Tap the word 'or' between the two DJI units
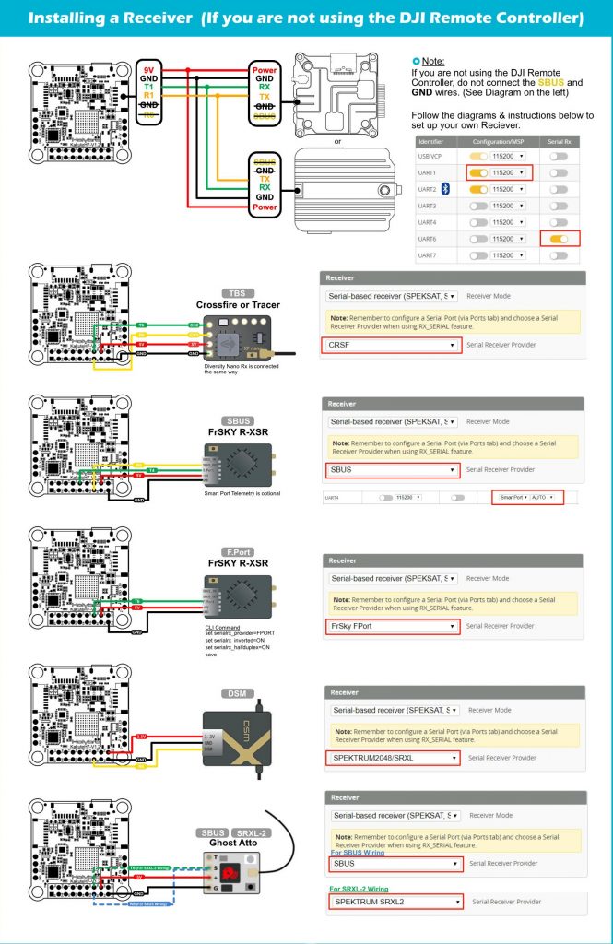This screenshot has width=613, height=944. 337,141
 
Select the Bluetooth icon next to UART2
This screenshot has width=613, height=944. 444,188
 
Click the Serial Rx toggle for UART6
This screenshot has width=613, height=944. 560,238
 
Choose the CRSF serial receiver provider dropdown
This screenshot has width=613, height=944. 392,345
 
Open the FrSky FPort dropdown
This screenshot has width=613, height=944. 392,627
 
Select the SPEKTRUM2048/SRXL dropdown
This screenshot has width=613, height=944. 392,759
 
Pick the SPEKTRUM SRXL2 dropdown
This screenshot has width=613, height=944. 395,901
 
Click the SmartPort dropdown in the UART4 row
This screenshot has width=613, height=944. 526,498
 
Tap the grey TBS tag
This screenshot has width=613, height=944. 237,292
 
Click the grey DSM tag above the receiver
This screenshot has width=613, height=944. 232,693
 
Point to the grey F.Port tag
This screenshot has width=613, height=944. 237,550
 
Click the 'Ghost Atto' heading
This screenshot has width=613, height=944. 236,845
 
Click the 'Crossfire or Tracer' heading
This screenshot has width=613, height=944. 238,305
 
